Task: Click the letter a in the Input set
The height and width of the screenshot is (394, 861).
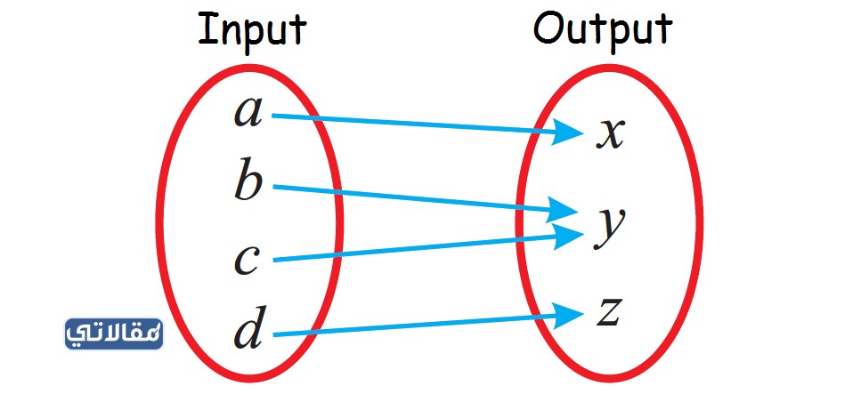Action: (x=248, y=114)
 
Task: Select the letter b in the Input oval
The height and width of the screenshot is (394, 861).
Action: (x=248, y=179)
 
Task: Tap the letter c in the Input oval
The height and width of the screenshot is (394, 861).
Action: (x=247, y=260)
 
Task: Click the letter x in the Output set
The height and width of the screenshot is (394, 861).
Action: (x=610, y=135)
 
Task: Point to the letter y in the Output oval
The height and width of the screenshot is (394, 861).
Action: (x=609, y=227)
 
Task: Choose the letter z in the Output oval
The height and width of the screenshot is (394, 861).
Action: (x=608, y=313)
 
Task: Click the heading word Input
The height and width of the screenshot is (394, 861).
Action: (x=252, y=30)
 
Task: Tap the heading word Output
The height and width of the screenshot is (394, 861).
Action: (x=603, y=28)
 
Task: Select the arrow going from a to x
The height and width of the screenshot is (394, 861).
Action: (x=427, y=125)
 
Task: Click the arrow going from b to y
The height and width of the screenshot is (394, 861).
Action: (x=426, y=199)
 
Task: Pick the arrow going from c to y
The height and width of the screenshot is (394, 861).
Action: (x=427, y=246)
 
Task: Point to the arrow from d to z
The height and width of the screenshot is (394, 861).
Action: (x=427, y=324)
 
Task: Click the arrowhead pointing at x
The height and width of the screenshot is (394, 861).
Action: (x=565, y=133)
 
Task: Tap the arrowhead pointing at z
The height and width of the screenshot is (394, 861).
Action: (x=565, y=316)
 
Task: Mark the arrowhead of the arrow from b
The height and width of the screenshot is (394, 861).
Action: (x=563, y=210)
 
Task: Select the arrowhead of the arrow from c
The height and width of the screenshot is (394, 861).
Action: (x=566, y=236)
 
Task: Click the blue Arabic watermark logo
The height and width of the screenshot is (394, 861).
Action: (x=114, y=334)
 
